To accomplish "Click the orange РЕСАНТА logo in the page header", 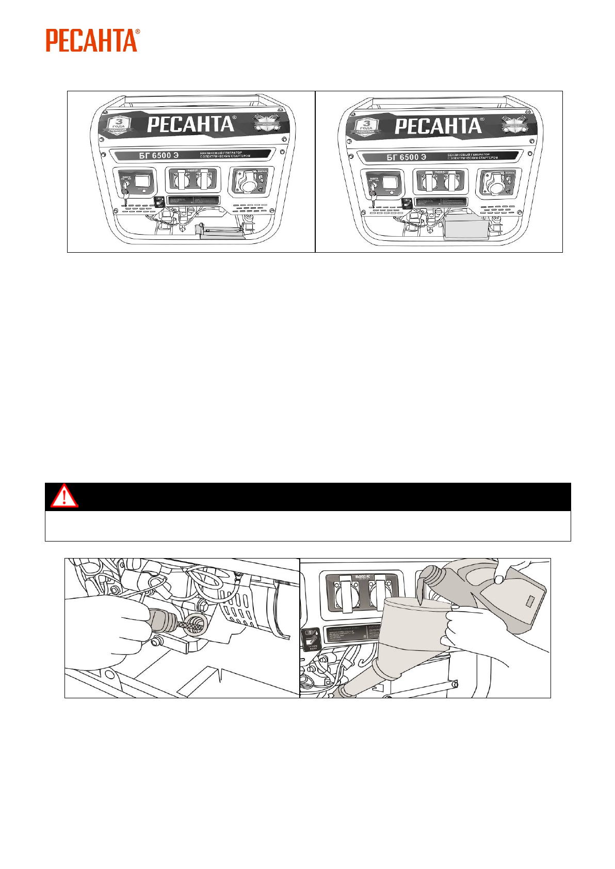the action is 92,40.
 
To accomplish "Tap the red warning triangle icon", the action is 64,497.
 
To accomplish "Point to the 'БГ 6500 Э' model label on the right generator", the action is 407,157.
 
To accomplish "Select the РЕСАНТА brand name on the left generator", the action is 191,125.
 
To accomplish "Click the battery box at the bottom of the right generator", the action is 466,228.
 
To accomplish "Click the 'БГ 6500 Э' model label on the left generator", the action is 158,156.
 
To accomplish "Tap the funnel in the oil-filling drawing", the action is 410,634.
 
